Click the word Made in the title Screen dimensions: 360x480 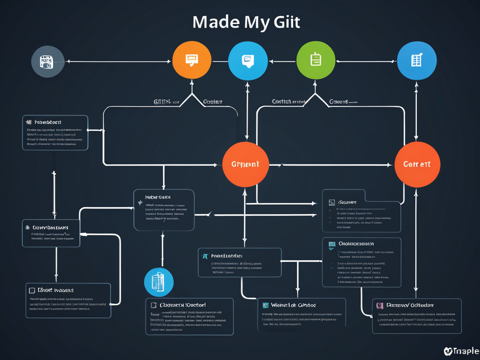(x=213, y=23)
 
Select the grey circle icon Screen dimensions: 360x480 (x=47, y=61)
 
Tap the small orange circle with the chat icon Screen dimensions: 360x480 (x=192, y=61)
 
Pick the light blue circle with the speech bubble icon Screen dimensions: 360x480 (x=247, y=61)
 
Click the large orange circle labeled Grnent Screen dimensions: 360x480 (x=245, y=164)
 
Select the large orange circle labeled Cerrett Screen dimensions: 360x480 (x=417, y=164)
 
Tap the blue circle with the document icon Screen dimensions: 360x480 (x=417, y=60)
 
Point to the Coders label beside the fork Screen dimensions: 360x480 (x=213, y=101)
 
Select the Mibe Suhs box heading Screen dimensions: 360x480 (x=158, y=197)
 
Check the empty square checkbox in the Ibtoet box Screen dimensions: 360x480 (x=32, y=291)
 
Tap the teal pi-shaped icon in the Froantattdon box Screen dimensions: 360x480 (x=204, y=256)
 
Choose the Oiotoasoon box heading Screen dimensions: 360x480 (x=356, y=244)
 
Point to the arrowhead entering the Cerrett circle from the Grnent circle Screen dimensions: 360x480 (x=390, y=165)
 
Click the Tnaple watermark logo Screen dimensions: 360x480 (x=462, y=351)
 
